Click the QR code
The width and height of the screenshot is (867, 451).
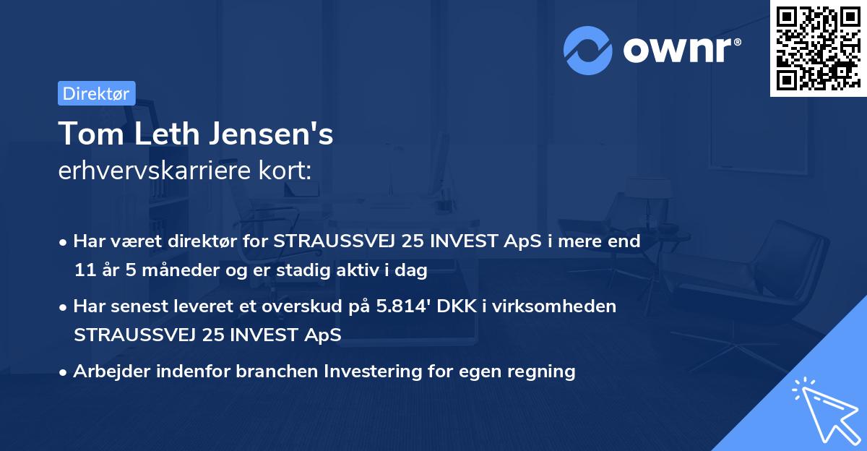pos(818,48)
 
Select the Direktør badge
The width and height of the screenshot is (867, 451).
pos(96,93)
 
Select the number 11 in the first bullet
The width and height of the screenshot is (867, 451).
pos(83,271)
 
